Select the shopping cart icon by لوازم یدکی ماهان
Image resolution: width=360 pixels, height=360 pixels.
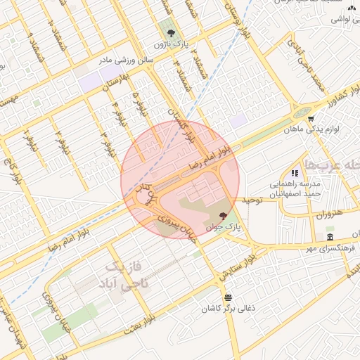(311, 118)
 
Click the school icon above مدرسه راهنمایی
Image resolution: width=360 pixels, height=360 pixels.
(295, 172)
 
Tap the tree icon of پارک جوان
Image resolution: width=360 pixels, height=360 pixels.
(224, 215)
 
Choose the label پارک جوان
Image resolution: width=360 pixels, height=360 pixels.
(224, 228)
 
